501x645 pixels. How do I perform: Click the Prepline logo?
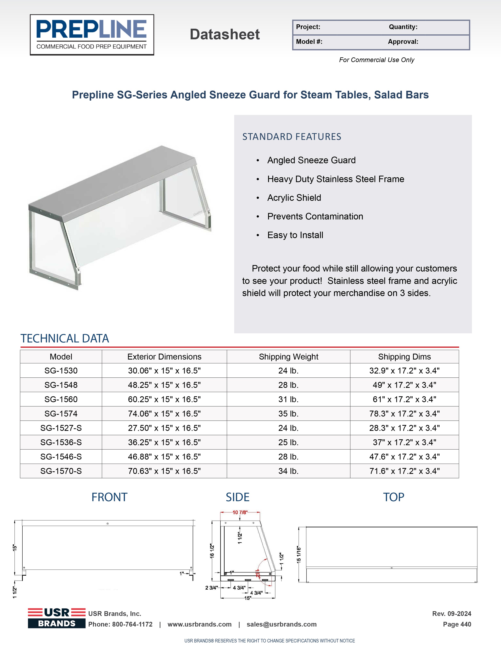tap(92, 35)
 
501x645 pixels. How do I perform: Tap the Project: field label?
tap(308, 27)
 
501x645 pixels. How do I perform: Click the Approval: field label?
tap(403, 42)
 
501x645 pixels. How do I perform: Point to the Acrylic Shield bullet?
tap(294, 198)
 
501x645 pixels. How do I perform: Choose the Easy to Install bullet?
tap(295, 235)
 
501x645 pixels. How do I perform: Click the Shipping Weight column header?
tap(288, 357)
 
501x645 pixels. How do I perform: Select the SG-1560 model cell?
tap(61, 399)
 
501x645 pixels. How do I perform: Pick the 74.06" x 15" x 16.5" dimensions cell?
tap(164, 414)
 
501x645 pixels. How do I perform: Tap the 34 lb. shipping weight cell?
tap(288, 471)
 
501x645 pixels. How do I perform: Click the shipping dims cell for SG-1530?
tap(404, 371)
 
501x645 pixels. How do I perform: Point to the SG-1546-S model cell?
tap(61, 457)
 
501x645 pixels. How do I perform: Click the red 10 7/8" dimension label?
tap(239, 512)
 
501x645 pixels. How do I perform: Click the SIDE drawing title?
tap(238, 497)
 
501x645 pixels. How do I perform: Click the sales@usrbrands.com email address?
tap(282, 624)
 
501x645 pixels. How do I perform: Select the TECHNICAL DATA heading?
tap(65, 339)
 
